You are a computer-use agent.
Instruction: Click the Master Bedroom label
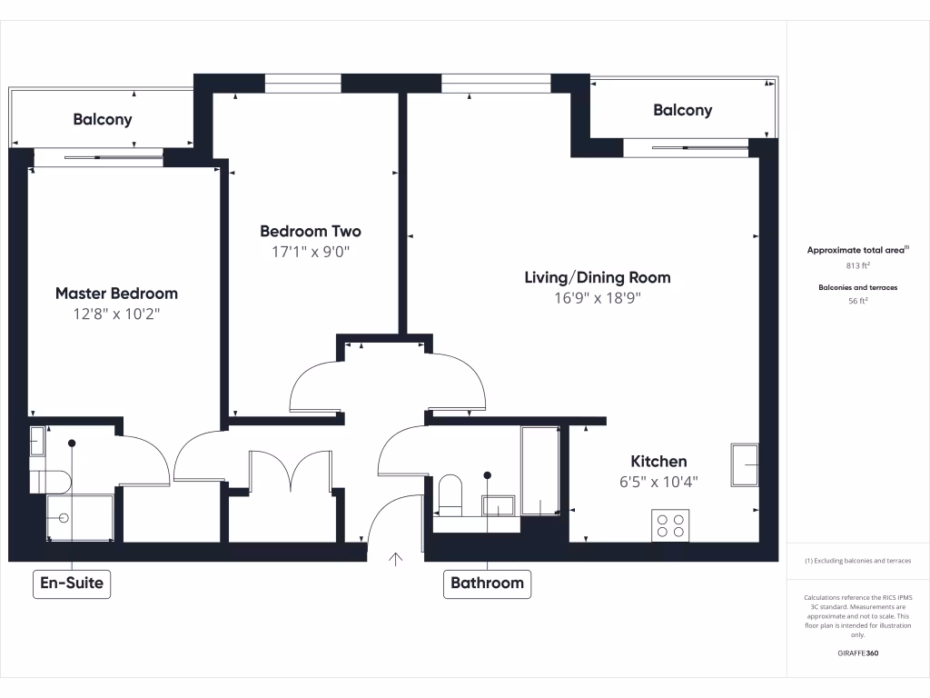(116, 294)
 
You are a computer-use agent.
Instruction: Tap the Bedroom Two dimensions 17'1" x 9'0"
(311, 253)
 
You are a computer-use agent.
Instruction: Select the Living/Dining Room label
(597, 277)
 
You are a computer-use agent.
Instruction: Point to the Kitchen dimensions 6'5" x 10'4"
(658, 483)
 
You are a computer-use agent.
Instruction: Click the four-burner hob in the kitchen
(670, 524)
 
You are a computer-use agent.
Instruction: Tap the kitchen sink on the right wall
(745, 464)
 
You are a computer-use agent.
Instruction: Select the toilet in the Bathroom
(450, 494)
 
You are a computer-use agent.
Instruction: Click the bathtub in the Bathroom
(539, 471)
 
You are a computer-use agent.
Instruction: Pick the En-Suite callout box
(73, 583)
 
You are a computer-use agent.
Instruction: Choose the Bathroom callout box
(488, 583)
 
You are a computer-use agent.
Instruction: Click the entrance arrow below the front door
(396, 559)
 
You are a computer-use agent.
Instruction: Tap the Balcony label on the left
(103, 119)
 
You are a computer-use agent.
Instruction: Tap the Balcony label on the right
(682, 110)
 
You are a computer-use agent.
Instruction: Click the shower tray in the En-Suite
(80, 517)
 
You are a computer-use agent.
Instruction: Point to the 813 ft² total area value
(857, 266)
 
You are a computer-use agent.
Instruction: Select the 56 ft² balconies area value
(857, 303)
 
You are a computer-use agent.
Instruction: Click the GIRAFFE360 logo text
(857, 653)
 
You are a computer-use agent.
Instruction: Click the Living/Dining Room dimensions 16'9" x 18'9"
(597, 298)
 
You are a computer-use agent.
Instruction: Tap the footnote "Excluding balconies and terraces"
(858, 561)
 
